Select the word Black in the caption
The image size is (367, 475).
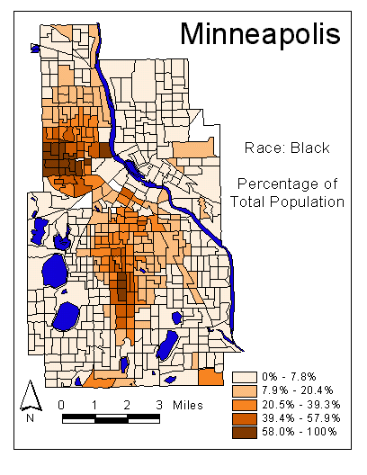(311, 148)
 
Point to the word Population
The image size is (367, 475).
(310, 202)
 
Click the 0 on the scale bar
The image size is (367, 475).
(60, 404)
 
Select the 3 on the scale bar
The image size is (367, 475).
(159, 404)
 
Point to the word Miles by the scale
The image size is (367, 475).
(190, 404)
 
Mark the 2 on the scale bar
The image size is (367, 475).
(126, 404)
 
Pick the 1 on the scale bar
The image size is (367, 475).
(94, 404)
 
